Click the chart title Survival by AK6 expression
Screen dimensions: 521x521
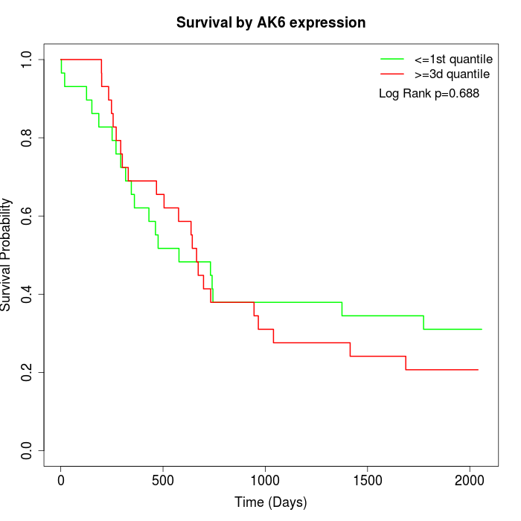(x=271, y=23)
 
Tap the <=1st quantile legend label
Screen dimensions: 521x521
(x=453, y=60)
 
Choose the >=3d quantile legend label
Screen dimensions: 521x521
(x=452, y=74)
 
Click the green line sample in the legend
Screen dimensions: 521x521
(x=392, y=59)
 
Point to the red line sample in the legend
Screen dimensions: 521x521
(x=392, y=74)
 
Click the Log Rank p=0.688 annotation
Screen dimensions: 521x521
(x=429, y=94)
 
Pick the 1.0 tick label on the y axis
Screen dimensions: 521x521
(x=26, y=60)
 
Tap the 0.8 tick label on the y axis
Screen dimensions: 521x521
(x=26, y=138)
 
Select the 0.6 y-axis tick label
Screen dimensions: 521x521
(x=26, y=216)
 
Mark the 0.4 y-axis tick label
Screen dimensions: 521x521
(x=26, y=295)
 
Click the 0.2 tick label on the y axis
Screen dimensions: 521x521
(x=26, y=372)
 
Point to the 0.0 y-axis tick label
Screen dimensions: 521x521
(x=26, y=450)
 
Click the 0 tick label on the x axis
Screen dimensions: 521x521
(x=61, y=481)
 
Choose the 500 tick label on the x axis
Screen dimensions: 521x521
(x=163, y=481)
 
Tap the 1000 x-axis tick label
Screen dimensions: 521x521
(x=265, y=481)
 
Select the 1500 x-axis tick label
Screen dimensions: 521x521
(x=368, y=481)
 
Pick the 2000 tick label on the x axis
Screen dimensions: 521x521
(x=470, y=481)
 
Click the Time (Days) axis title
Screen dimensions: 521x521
(x=271, y=502)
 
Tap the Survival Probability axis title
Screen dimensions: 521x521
(x=6, y=255)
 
